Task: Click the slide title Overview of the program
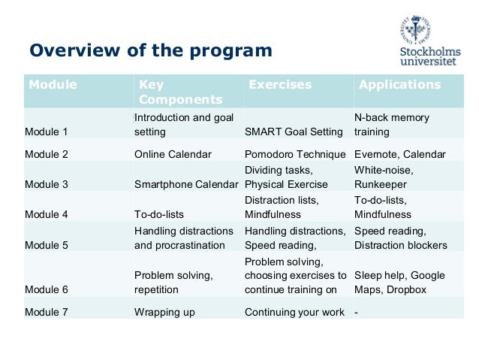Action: coord(150,51)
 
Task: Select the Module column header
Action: coord(53,85)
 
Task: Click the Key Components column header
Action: coord(180,92)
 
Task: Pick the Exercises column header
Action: coord(279,85)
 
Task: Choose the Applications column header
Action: coord(399,85)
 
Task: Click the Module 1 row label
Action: coord(47,132)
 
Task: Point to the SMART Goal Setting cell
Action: coord(294,132)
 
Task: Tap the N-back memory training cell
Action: coord(391,125)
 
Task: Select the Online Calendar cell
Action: coord(173,154)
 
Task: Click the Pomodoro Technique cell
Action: coord(294,154)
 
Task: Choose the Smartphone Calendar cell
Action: coord(186,184)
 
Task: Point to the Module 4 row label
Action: coord(47,214)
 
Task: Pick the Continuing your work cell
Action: coord(294,312)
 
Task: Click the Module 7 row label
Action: coord(47,312)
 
